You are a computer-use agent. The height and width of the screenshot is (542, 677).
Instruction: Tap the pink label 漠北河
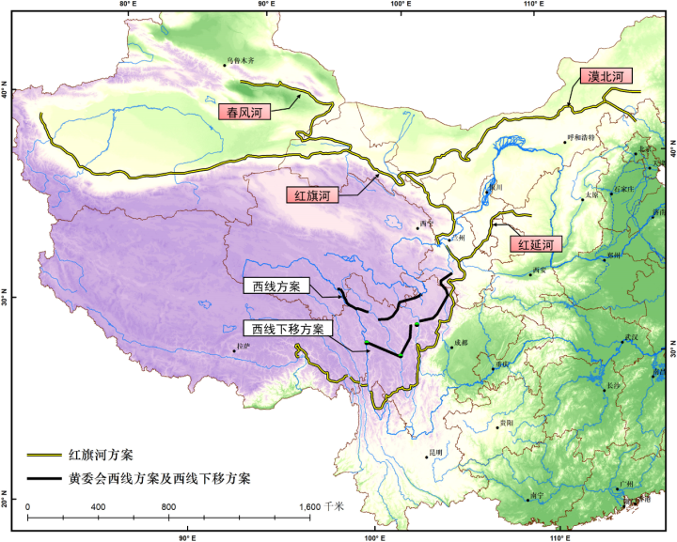[x=606, y=75]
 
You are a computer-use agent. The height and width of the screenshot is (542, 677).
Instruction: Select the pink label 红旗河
[x=309, y=196]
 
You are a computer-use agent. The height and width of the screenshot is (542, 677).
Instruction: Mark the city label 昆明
[x=434, y=452]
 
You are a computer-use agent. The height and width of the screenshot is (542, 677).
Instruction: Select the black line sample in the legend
[x=43, y=478]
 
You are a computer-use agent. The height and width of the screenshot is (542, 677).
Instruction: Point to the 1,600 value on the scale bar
[x=310, y=506]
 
